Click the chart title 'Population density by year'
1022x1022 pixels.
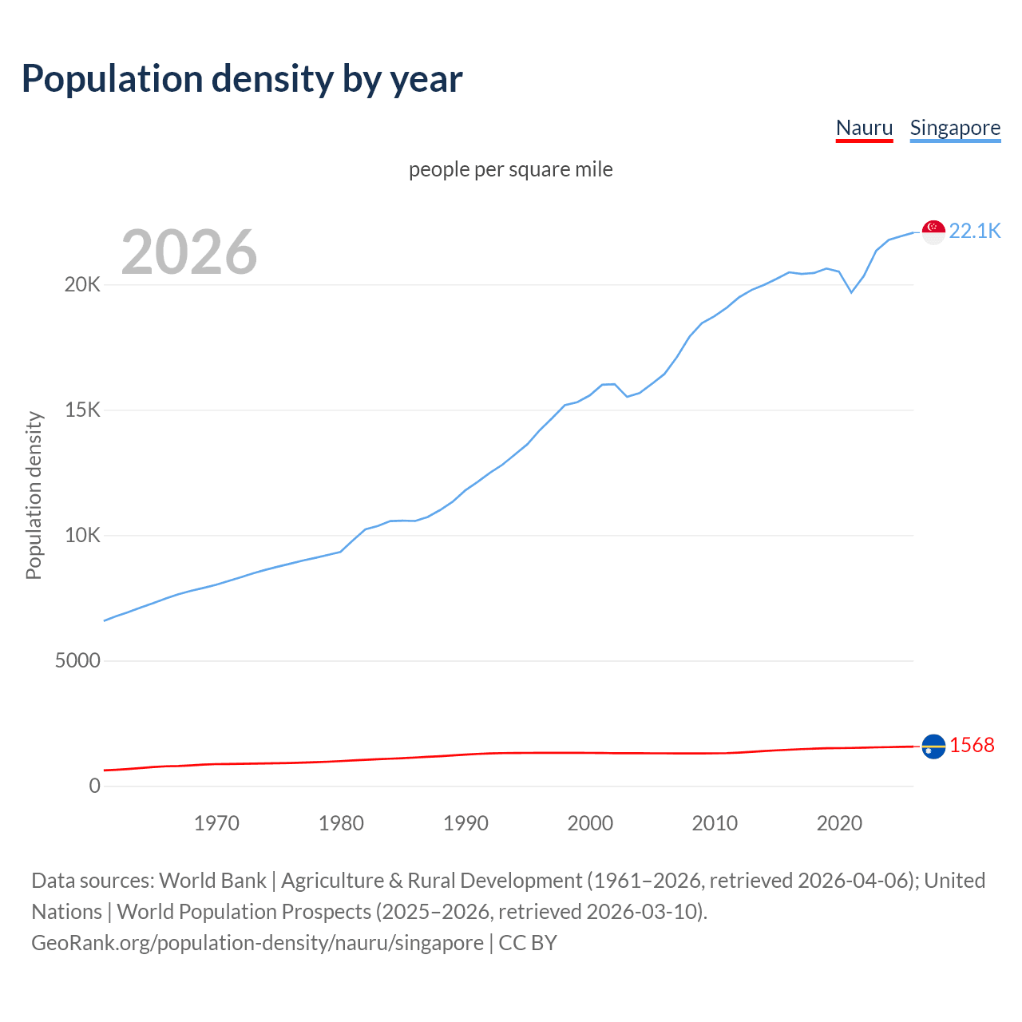pos(242,79)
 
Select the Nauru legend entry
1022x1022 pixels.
pos(864,128)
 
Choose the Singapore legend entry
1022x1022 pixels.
pos(955,128)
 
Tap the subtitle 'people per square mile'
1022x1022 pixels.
pos(510,170)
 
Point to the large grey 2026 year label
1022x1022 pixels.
pos(189,252)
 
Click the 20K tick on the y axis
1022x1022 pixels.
pos(82,285)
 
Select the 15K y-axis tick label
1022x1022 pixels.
pos(82,410)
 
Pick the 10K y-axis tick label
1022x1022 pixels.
pos(82,536)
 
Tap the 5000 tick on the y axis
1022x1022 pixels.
pos(77,661)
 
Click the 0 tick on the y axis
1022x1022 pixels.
pos(95,786)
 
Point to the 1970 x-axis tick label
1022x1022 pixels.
pos(216,823)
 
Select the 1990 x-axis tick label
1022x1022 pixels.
pos(465,823)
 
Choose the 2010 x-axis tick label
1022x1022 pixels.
pos(715,823)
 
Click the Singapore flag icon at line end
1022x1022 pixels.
pos(933,232)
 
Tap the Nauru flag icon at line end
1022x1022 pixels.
pos(933,747)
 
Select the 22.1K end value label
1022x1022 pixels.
pos(974,232)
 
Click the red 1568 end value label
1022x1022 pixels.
pos(972,746)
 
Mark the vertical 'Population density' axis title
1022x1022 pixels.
pos(34,495)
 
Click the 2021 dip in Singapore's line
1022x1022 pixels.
pos(851,292)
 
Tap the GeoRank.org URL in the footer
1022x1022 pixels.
pos(257,943)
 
